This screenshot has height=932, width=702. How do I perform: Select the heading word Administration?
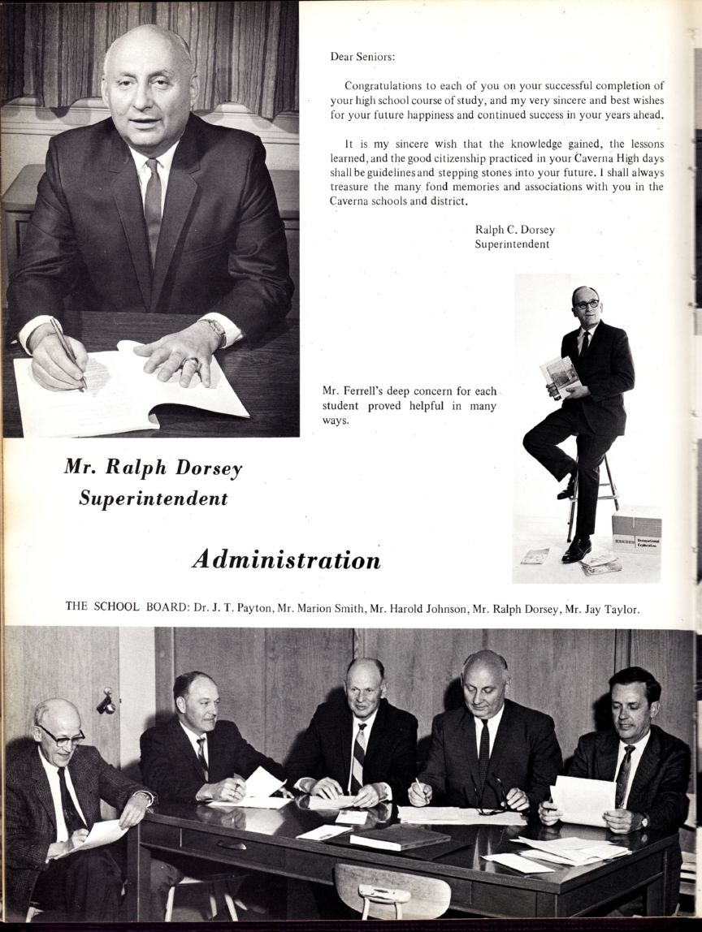(286, 560)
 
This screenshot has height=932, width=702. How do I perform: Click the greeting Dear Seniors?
(362, 57)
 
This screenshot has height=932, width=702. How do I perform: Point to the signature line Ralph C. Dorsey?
(514, 230)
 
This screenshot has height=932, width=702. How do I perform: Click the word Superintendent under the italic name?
(153, 498)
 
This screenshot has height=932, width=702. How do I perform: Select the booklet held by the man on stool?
(561, 376)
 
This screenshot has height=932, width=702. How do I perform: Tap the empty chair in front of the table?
(390, 890)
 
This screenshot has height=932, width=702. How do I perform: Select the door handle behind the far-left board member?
(106, 702)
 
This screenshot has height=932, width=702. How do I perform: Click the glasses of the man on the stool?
(586, 304)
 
